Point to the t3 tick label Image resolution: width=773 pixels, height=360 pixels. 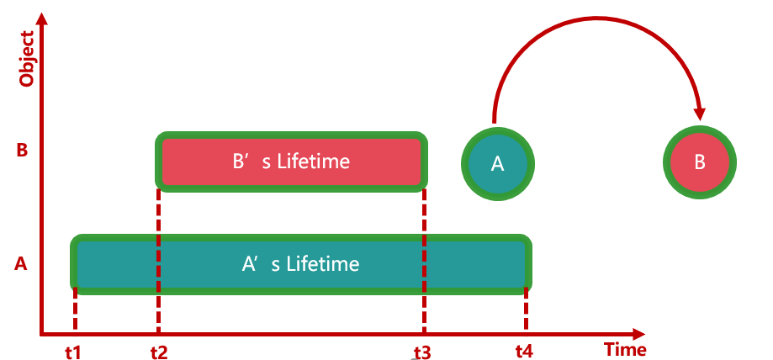[422, 351]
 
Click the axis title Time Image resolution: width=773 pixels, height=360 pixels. [626, 349]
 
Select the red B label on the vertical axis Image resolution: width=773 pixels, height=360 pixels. [23, 151]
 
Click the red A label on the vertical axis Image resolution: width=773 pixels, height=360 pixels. [22, 264]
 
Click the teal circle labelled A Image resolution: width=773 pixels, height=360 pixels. [497, 163]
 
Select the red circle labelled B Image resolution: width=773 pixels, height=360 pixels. [700, 163]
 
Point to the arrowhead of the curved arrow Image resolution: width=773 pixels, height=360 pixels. [699, 112]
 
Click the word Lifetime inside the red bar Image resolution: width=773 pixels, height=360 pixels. [315, 161]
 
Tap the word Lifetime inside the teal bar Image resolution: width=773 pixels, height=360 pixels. [323, 264]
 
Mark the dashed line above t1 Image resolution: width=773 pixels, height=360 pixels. [76, 311]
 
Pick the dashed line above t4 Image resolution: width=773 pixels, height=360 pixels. [527, 311]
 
